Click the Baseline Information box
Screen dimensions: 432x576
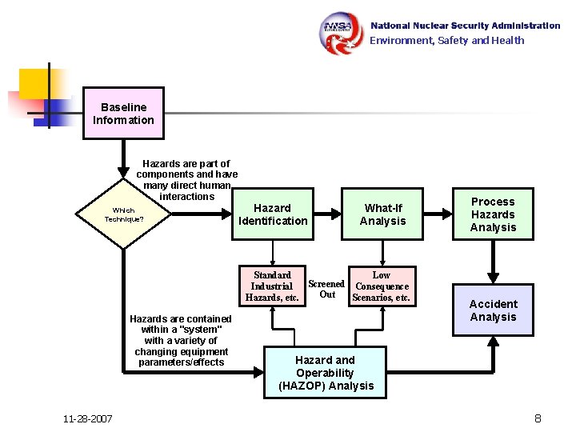(x=123, y=114)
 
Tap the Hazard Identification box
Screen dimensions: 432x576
(x=272, y=214)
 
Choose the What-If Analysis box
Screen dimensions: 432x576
(x=382, y=214)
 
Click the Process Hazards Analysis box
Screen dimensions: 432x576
(x=493, y=214)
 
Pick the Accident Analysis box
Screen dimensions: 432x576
(x=493, y=310)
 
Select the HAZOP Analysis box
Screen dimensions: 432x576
(x=325, y=373)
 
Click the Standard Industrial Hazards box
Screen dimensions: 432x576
(x=272, y=286)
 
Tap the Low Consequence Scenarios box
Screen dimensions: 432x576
(x=382, y=286)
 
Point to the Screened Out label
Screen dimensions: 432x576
(x=326, y=289)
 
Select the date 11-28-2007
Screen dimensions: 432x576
(x=87, y=419)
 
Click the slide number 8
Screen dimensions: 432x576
(x=538, y=418)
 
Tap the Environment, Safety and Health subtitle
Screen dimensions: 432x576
(x=446, y=41)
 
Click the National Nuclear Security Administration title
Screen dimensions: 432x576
(x=465, y=26)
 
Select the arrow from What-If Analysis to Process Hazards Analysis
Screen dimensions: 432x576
(x=437, y=214)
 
